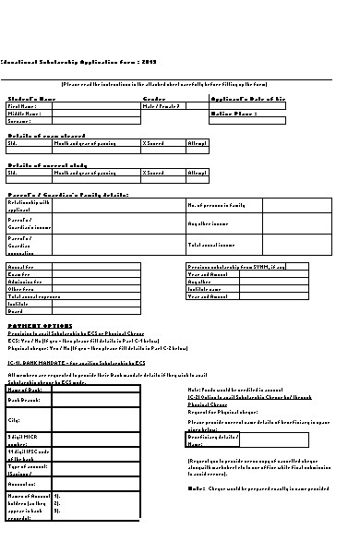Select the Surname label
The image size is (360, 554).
tap(19, 121)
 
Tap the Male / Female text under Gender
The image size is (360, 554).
tap(162, 106)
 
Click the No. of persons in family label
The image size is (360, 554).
tap(216, 204)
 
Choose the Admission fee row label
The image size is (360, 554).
tap(24, 281)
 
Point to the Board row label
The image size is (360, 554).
tap(16, 310)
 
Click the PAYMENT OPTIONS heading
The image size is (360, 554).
tap(38, 326)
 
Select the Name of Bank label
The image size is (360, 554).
tap(26, 390)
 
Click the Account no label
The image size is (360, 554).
tap(23, 483)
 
